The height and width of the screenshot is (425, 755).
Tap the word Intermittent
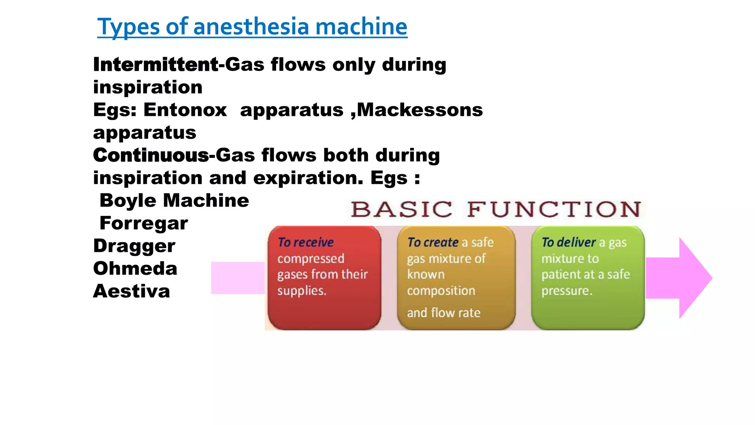156,65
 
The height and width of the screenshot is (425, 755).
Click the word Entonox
185,110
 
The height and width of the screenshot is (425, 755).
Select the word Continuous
151,155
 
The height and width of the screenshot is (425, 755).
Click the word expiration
308,178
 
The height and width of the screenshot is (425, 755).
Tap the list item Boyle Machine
174,201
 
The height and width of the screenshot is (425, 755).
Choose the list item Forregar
144,223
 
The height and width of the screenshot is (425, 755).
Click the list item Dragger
134,246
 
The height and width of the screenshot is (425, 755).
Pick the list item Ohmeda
135,269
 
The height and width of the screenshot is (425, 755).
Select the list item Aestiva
132,291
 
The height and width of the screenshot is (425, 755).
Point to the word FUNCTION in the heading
554,210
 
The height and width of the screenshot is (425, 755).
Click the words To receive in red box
306,242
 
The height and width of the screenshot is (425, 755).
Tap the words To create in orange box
433,242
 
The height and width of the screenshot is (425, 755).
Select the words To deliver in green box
568,242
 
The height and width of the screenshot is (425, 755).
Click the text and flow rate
443,313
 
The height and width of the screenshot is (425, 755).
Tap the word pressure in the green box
566,291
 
